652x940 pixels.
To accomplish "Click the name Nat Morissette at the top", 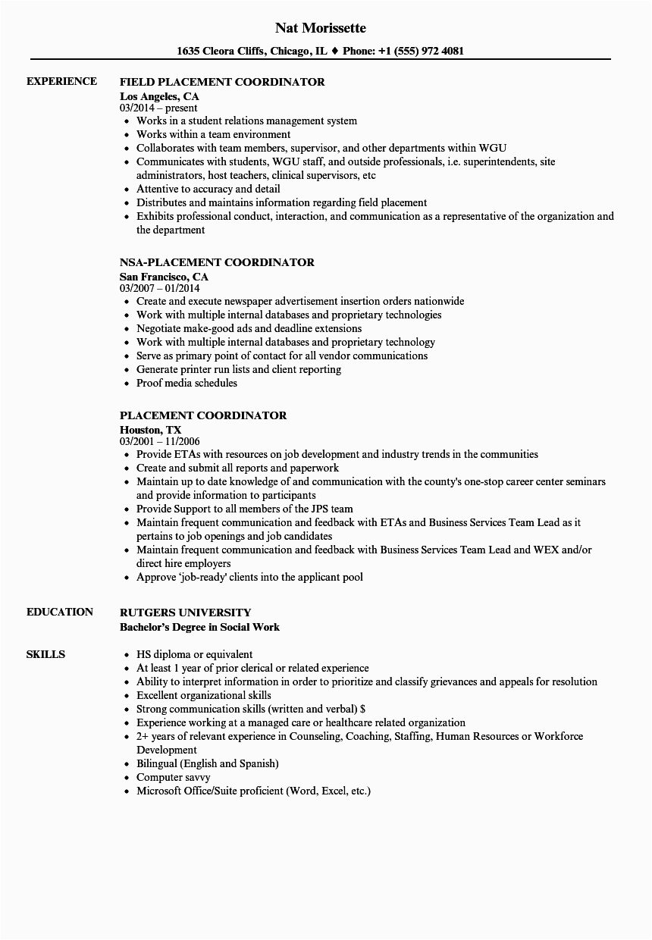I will click(x=321, y=28).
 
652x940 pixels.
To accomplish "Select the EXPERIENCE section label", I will click(x=61, y=81).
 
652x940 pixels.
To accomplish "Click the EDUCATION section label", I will click(x=60, y=612).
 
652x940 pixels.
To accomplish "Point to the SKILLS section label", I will click(x=45, y=654).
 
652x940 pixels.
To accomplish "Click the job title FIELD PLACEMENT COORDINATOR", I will click(x=223, y=82).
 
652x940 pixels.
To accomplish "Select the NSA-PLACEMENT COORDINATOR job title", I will click(x=218, y=262).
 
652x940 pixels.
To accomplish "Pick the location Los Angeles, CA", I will click(x=160, y=96).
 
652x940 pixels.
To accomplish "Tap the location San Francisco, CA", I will click(x=165, y=277).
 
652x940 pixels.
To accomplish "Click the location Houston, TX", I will click(x=151, y=430).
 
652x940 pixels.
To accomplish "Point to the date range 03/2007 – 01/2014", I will click(x=160, y=289).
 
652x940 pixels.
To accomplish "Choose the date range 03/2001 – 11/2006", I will click(x=160, y=442).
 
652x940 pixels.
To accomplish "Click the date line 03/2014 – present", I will click(x=158, y=108).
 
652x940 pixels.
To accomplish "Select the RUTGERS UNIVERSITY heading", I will click(x=186, y=613).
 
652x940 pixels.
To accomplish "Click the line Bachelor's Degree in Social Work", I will click(x=200, y=627).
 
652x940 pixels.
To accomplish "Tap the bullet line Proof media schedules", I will click(x=187, y=383).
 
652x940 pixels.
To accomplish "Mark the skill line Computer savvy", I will click(x=174, y=777).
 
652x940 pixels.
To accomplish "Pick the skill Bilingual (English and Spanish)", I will click(x=207, y=763).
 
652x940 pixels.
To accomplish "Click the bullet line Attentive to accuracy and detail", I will click(x=208, y=189).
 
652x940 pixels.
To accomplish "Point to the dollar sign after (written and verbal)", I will click(x=363, y=709).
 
